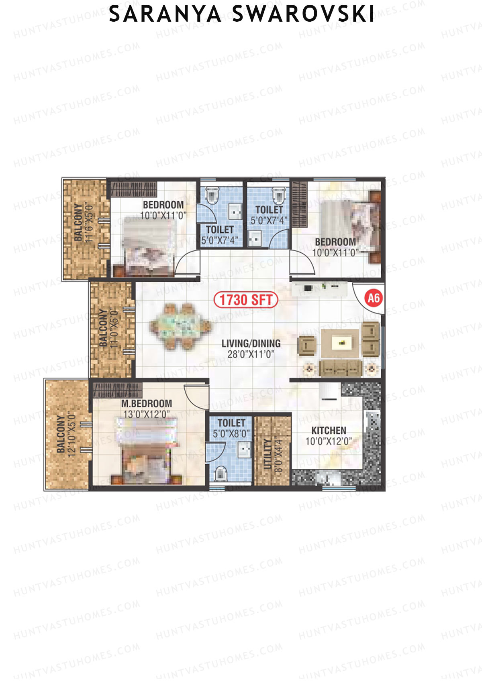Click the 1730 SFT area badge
pyautogui.click(x=246, y=300)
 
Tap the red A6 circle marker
pyautogui.click(x=374, y=298)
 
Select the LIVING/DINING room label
pyautogui.click(x=251, y=344)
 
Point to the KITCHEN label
pyautogui.click(x=329, y=431)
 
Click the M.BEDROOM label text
pyautogui.click(x=147, y=404)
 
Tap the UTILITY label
pyautogui.click(x=268, y=454)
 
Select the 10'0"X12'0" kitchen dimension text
pyautogui.click(x=329, y=441)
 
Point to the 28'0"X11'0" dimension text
pyautogui.click(x=251, y=354)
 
